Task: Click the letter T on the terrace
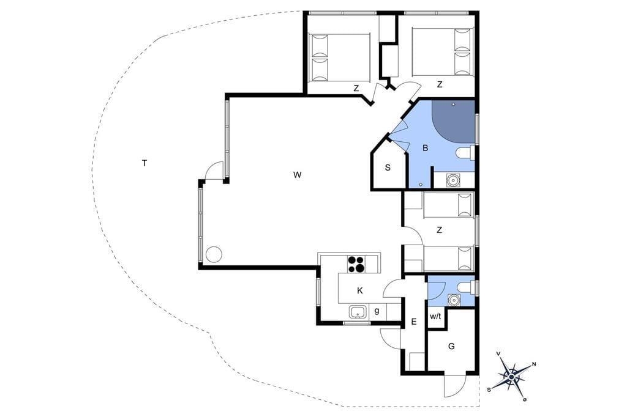[145, 163]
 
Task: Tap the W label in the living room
[297, 174]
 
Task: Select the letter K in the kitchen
[360, 291]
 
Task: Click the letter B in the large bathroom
[425, 148]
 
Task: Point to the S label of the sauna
[388, 168]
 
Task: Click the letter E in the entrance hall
[414, 322]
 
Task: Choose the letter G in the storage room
[451, 346]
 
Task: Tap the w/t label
[435, 316]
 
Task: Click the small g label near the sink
[377, 311]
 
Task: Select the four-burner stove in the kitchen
[356, 264]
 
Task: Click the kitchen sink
[358, 312]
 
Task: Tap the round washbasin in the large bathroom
[452, 180]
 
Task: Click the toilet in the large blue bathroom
[466, 153]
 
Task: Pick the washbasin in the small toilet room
[453, 300]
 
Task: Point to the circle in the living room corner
[214, 254]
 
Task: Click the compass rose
[512, 376]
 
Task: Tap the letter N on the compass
[534, 364]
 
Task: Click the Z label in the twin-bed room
[440, 230]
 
